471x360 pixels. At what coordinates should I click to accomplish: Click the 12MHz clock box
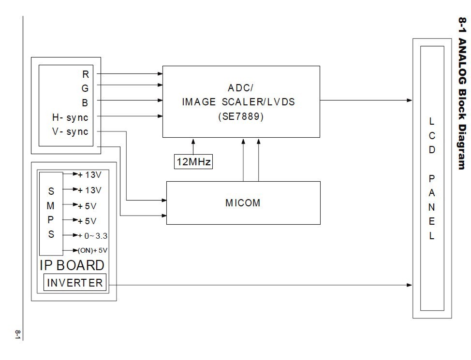(x=193, y=161)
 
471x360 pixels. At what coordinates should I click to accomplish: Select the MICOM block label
(x=243, y=203)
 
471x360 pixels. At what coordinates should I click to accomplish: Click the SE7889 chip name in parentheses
(x=240, y=116)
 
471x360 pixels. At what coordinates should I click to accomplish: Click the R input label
(x=86, y=74)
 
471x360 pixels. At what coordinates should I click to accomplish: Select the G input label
(x=85, y=88)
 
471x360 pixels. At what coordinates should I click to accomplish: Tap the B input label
(x=86, y=102)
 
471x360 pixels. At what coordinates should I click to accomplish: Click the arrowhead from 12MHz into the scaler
(x=193, y=141)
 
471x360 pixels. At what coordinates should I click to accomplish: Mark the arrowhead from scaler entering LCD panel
(x=409, y=101)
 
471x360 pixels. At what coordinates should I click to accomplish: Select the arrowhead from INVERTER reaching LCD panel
(x=409, y=285)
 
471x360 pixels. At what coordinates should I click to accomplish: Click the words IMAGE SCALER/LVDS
(x=238, y=102)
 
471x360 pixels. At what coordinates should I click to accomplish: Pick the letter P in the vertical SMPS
(x=51, y=220)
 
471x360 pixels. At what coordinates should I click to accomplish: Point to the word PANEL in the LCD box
(x=432, y=207)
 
